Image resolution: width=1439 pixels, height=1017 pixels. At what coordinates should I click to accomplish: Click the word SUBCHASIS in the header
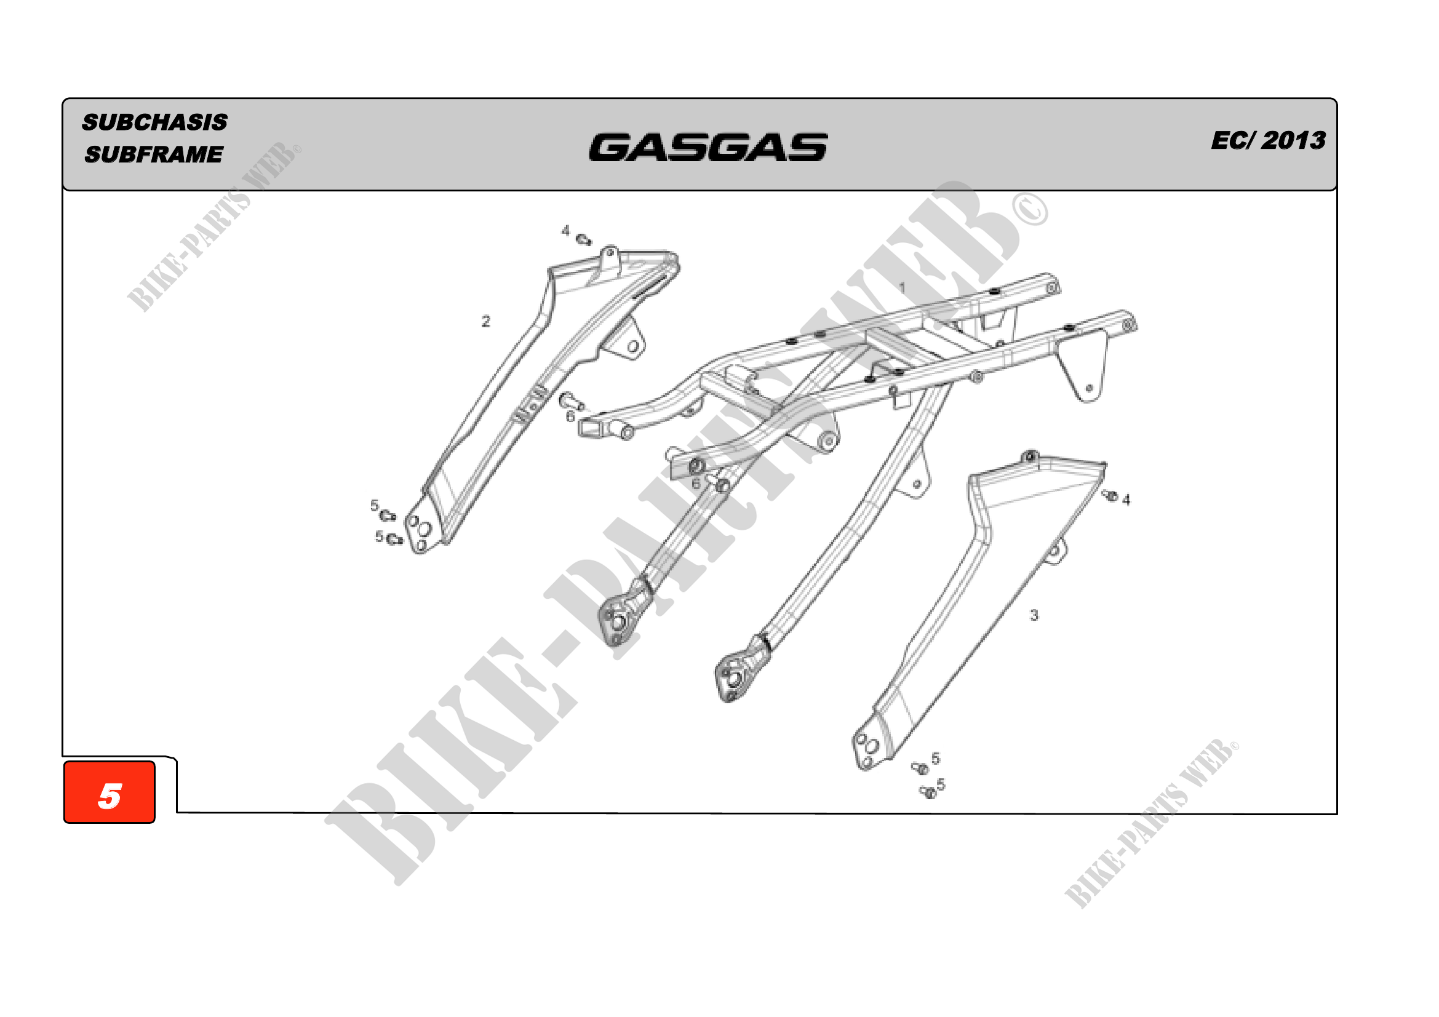click(x=155, y=122)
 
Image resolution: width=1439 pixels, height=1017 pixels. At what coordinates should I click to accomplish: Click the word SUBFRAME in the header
click(x=154, y=154)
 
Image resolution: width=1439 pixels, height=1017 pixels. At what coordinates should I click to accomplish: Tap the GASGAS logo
click(x=708, y=147)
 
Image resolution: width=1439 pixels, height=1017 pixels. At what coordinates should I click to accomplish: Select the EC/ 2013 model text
click(x=1268, y=140)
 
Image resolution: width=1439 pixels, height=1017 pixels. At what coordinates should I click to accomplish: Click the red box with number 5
click(x=109, y=792)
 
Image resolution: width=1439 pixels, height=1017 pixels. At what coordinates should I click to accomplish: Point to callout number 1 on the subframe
click(x=903, y=287)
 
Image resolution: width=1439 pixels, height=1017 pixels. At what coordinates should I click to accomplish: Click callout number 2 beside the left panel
click(x=486, y=321)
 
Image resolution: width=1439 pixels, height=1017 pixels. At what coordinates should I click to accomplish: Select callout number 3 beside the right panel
click(x=1034, y=615)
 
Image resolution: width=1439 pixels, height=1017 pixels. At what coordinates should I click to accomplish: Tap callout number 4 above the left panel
click(x=565, y=231)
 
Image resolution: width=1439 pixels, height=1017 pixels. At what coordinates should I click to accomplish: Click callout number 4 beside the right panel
click(x=1126, y=500)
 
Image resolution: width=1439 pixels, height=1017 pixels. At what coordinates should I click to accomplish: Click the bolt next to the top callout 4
click(x=583, y=239)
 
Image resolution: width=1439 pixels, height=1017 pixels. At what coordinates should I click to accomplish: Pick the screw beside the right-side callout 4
click(x=1110, y=496)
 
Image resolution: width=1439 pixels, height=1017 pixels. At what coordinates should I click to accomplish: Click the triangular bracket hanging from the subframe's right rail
click(x=1081, y=367)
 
